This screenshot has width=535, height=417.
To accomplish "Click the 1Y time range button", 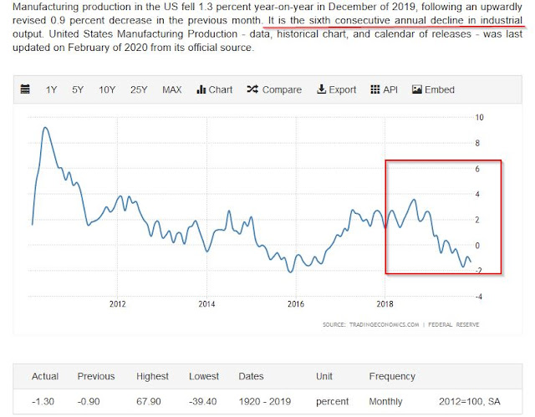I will coord(52,89).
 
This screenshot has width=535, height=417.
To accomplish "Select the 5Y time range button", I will coord(78,89).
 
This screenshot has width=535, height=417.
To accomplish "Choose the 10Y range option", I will coord(107,89).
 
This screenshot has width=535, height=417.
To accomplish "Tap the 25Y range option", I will coord(138,89).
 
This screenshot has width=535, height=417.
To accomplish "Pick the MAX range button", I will coord(172,89).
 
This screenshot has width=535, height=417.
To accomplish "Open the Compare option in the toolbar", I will coord(275,89).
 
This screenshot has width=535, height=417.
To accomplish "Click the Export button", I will coord(337,89).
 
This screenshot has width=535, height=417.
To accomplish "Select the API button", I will coord(385,89).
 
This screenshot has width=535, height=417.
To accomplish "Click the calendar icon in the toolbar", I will coord(25,89).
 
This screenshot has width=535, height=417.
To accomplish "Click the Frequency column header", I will coord(392,377).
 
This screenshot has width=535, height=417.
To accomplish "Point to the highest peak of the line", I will coord(43,128).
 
